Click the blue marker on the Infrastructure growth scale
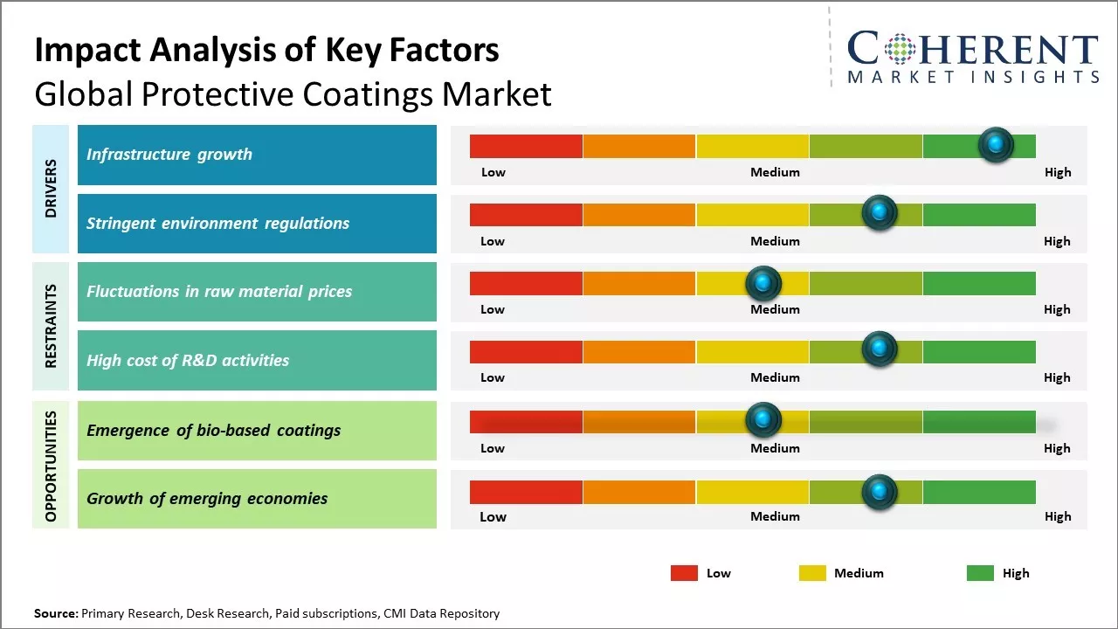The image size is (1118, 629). pyautogui.click(x=996, y=144)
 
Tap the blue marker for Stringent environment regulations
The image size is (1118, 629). pyautogui.click(x=880, y=212)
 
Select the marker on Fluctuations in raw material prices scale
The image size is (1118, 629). pyautogui.click(x=763, y=282)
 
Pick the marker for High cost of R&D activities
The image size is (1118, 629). pyautogui.click(x=880, y=349)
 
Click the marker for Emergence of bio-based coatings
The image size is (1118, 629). pyautogui.click(x=763, y=420)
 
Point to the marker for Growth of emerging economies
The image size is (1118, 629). pyautogui.click(x=880, y=492)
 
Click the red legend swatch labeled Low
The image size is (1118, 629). pyautogui.click(x=684, y=573)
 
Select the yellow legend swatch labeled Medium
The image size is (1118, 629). pyautogui.click(x=812, y=573)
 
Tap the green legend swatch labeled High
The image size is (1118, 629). pyautogui.click(x=980, y=573)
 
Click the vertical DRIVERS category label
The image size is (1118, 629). pyautogui.click(x=51, y=189)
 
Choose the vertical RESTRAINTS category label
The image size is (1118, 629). pyautogui.click(x=51, y=326)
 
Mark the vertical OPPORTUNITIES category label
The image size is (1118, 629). pyautogui.click(x=51, y=466)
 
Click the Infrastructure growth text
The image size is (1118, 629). pyautogui.click(x=169, y=155)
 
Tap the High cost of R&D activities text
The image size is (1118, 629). pyautogui.click(x=188, y=360)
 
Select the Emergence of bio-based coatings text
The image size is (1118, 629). pyautogui.click(x=213, y=430)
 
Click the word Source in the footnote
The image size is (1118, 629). pyautogui.click(x=56, y=613)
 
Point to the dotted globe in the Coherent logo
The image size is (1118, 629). pyautogui.click(x=897, y=49)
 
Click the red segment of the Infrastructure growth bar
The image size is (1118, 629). pyautogui.click(x=526, y=146)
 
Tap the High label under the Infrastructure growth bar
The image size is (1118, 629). pyautogui.click(x=1057, y=172)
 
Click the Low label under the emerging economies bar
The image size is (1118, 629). pyautogui.click(x=493, y=516)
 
